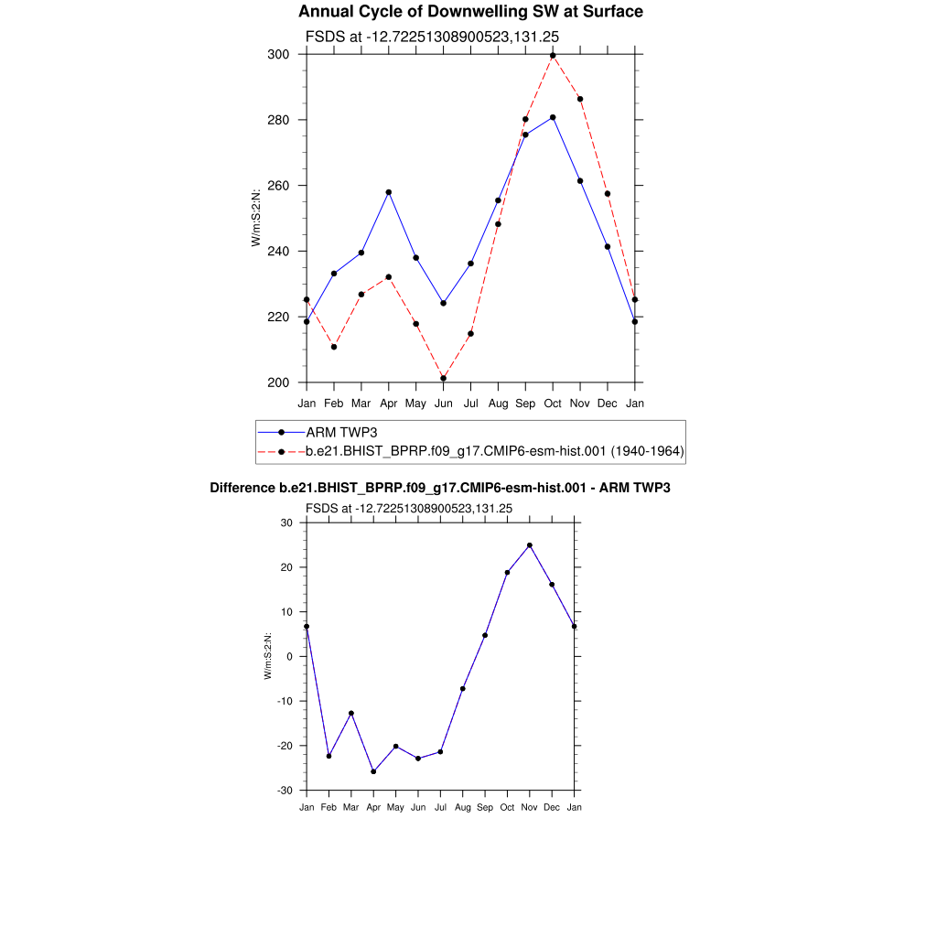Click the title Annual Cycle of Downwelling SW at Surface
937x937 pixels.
pos(470,12)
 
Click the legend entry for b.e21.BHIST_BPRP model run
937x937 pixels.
pos(494,451)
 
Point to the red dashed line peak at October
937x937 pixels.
pos(553,56)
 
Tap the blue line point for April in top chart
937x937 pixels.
pos(389,192)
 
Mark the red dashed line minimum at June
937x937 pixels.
pos(443,378)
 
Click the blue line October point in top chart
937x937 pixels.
pos(553,117)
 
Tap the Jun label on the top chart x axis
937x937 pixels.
pos(443,403)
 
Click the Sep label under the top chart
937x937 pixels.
pos(525,403)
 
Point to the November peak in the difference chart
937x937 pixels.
pos(530,545)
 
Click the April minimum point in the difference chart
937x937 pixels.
pos(373,771)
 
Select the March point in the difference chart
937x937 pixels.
pos(350,713)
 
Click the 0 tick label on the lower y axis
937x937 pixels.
pos(288,657)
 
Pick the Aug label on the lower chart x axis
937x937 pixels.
pos(463,807)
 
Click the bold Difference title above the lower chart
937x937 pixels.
pos(440,488)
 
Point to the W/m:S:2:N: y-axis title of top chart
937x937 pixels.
pos(256,217)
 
